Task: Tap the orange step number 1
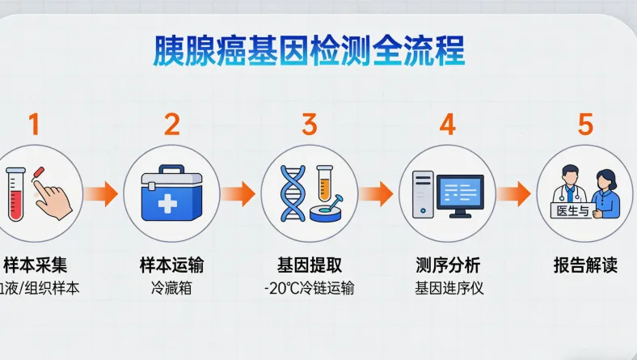click(33, 125)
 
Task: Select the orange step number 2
click(171, 125)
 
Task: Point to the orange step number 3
click(309, 125)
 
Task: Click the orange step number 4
click(447, 125)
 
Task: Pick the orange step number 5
click(585, 125)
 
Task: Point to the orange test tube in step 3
click(324, 183)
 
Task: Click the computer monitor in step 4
click(460, 193)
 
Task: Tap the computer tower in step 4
click(423, 194)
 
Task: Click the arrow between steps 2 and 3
click(240, 193)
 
